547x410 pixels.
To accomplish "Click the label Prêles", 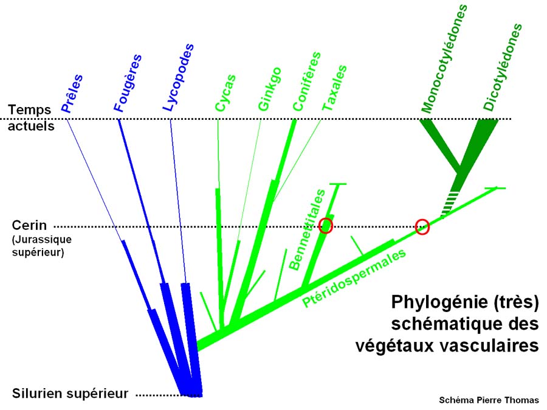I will (x=72, y=94).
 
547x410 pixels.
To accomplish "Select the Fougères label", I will (x=128, y=83).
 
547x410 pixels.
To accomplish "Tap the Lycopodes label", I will (x=179, y=77).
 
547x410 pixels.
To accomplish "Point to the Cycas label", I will (x=225, y=92).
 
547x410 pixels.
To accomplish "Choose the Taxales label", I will (x=335, y=88).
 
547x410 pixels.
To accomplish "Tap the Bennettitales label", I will (x=307, y=229).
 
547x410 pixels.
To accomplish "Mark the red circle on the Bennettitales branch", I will (x=327, y=225).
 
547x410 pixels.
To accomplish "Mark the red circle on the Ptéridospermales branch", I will (x=422, y=227).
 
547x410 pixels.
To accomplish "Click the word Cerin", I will (x=29, y=226).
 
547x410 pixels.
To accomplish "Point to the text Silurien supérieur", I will (x=70, y=394).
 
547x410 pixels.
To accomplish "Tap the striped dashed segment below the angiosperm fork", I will (x=450, y=200).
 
